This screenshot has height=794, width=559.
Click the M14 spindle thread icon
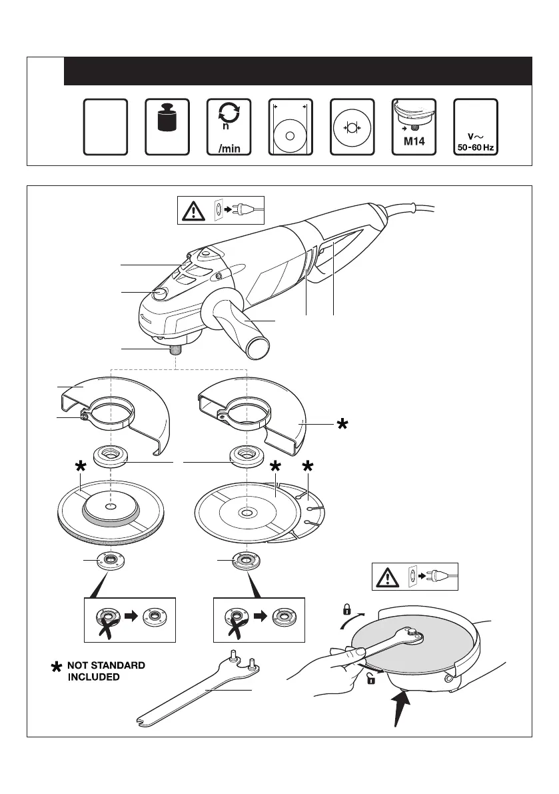tap(413, 127)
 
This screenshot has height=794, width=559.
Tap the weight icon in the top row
tap(167, 127)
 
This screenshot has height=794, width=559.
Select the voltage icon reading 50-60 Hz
tap(475, 127)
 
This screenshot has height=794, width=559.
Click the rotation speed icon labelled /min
tap(229, 127)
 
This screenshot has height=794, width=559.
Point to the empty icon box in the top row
tap(106, 127)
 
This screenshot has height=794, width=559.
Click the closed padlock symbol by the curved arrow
tap(346, 609)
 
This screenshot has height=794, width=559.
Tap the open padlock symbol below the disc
tap(371, 679)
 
